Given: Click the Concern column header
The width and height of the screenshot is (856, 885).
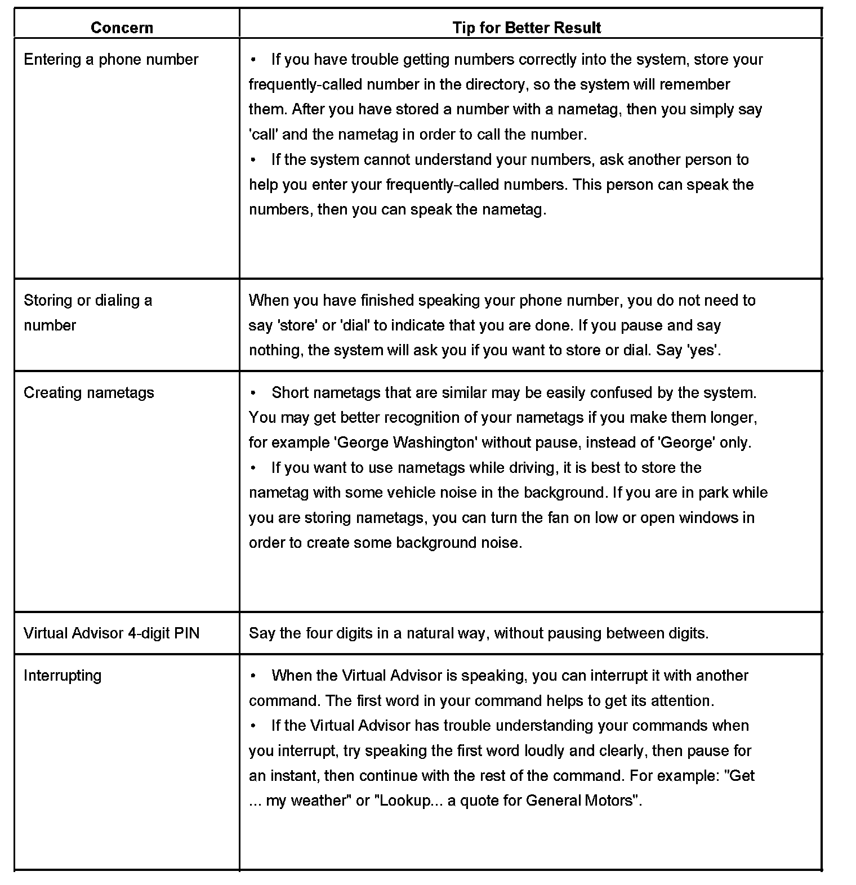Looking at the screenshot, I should pos(122,28).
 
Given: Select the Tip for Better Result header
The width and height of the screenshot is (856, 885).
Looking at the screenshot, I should pos(527,28).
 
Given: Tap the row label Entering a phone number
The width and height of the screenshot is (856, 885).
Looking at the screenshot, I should pos(111,60).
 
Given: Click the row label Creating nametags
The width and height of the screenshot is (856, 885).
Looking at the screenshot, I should pos(88,392).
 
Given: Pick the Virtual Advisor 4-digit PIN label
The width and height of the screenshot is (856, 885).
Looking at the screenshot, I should pos(112,633).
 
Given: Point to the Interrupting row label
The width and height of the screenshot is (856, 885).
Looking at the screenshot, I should pos(63,676).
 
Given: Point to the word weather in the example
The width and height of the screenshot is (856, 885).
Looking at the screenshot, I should pos(320,801).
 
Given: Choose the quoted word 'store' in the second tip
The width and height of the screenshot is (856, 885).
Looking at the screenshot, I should pos(297,325).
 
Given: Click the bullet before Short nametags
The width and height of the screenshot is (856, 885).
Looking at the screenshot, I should pos(254,392).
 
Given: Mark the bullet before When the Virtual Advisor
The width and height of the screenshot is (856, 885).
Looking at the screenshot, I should pos(254,676).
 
